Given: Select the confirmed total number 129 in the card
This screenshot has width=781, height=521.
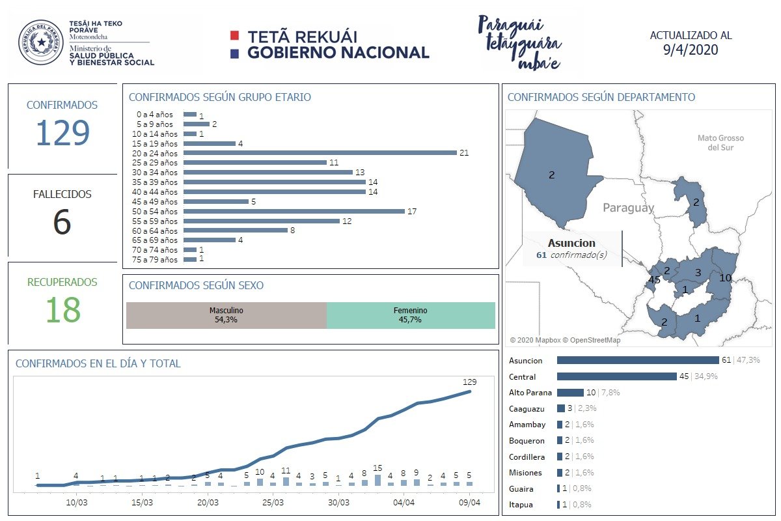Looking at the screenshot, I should (62, 134).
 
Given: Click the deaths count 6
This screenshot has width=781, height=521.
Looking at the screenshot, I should (62, 222).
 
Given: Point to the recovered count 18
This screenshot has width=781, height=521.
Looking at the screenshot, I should (62, 310).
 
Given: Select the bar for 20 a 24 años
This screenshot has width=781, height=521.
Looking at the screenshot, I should (320, 153).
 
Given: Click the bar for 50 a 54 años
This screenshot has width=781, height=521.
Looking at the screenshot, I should (294, 212).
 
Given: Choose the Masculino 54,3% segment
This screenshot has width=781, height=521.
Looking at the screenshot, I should (226, 315).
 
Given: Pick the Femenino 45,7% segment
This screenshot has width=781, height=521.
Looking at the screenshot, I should (411, 315).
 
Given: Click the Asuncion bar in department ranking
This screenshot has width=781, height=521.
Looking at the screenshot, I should (637, 360).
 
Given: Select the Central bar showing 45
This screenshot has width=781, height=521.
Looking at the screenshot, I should (616, 376).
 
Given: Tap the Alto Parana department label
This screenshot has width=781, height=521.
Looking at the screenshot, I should (530, 393).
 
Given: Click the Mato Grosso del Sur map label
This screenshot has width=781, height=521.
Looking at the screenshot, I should (720, 143).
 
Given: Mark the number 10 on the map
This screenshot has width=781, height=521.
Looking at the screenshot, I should (724, 278).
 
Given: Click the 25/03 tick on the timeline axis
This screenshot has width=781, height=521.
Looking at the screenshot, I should (273, 503).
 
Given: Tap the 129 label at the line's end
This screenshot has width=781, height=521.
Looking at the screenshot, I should (469, 382).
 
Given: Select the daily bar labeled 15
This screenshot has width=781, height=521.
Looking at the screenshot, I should (377, 480).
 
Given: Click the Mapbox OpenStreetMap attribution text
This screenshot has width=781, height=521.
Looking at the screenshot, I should (564, 340).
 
